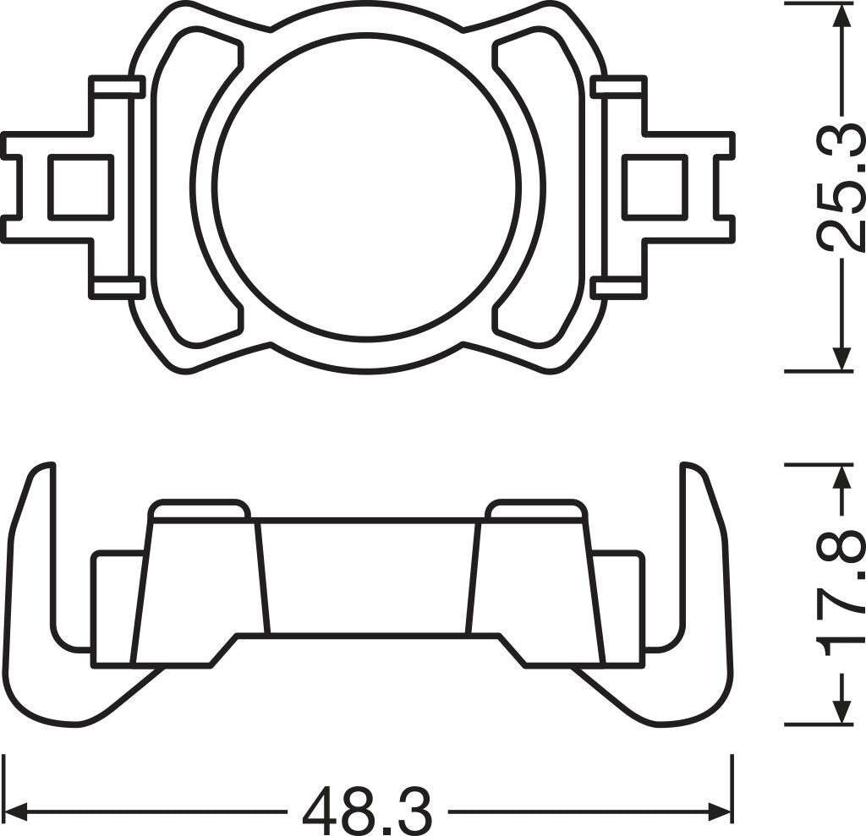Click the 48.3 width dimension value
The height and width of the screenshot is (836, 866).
tap(366, 811)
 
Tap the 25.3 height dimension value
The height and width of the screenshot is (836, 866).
tap(842, 186)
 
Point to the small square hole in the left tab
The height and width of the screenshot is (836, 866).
tap(80, 186)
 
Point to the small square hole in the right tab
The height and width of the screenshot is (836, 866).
tap(654, 186)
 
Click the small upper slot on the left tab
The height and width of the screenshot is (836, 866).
tap(117, 86)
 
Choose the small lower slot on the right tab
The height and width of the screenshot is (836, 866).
tap(618, 287)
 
